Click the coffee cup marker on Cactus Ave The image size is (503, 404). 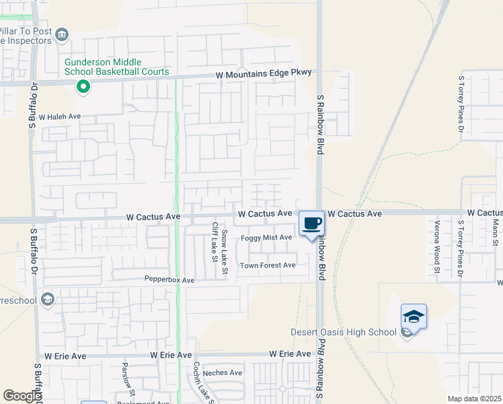coord(311,224)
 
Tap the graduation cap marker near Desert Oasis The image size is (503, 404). coord(414,316)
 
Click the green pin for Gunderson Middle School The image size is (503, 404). coord(83,86)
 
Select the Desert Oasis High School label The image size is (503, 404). coord(343,332)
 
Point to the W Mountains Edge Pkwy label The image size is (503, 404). coord(264,75)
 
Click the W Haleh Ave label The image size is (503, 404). coord(59,116)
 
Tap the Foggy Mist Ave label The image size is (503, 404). coord(266,237)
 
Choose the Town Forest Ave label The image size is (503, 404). coord(268,265)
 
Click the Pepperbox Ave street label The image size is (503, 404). coord(169,279)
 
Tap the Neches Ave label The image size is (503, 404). coord(222,372)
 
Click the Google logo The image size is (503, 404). coord(22,396)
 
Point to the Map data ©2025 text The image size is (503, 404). coord(475,399)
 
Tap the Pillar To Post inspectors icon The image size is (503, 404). coord(62,34)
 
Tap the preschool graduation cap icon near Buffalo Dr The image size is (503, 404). coord(47,299)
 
